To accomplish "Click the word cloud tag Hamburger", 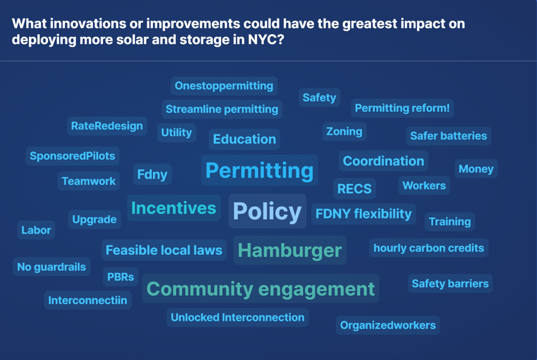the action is coord(290,250).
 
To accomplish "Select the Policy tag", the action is coord(267,211).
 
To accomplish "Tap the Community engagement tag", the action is coord(261,288).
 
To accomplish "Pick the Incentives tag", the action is coord(173,208).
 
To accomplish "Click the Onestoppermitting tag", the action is coord(224,86).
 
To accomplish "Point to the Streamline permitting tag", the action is coord(222,109).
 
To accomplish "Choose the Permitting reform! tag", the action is coord(402,108).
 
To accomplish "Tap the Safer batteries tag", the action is coord(449,136).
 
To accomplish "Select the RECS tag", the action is coord(355,188).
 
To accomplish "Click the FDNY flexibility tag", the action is coord(364,214).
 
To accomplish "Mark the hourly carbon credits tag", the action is coord(429,248).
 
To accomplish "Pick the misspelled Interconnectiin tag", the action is coord(88,300).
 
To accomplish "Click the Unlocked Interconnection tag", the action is coord(238,317).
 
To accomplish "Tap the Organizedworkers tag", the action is coord(388,325).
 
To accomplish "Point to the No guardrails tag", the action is coord(51,267).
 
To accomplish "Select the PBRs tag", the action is coord(121,277).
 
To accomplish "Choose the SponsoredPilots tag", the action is coord(73,156).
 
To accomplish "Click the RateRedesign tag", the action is coord(107,126).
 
